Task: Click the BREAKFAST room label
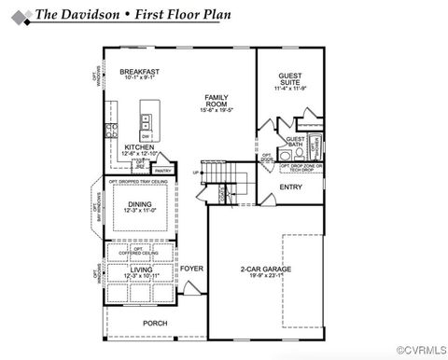click(139, 72)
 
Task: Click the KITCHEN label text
click(139, 146)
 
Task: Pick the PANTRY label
click(162, 171)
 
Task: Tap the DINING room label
click(140, 204)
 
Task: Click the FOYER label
click(191, 269)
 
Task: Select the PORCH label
click(155, 323)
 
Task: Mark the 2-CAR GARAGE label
click(265, 269)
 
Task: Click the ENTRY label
click(290, 187)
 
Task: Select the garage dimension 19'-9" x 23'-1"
click(265, 276)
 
